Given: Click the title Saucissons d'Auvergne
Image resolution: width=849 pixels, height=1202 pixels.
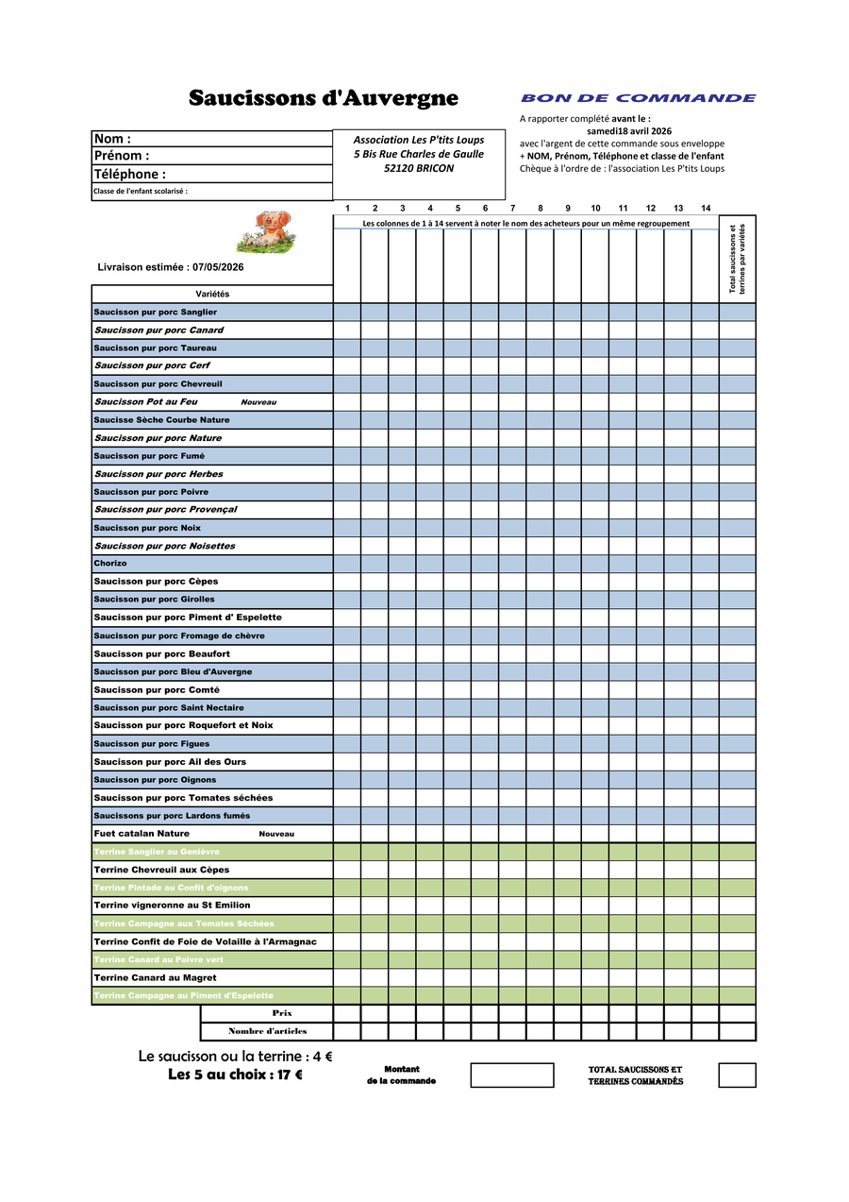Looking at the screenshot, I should pos(323,98).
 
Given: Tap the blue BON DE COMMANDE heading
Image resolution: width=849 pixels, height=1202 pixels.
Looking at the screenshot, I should pos(638,98).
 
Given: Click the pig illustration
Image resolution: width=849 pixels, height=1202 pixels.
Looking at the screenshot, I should pos(265,230).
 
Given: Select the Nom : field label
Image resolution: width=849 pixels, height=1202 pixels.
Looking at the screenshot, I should pos(112,139).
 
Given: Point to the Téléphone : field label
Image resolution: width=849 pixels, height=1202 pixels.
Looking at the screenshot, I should pos(129,174).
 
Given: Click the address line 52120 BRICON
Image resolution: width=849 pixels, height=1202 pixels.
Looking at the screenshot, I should pos(419,168).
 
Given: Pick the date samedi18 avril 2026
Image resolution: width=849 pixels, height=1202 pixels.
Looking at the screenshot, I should pos(628,130).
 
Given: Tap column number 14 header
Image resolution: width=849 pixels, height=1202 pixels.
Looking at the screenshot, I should pos(706,208).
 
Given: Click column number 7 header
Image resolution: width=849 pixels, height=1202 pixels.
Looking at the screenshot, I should pos(512,208).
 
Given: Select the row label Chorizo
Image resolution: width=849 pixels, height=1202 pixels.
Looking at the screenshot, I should pos(110,564).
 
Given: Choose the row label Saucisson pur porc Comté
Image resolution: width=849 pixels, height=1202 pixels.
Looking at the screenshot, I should pos(157,690).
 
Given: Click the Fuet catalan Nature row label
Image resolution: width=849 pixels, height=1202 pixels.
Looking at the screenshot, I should pos(141,834).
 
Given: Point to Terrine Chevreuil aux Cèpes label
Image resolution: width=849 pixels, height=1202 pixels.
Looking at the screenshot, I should pos(161,870).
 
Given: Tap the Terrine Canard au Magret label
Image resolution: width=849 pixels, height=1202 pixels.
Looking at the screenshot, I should pos(155,978).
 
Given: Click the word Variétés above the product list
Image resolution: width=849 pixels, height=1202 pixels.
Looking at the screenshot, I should pos(212,294).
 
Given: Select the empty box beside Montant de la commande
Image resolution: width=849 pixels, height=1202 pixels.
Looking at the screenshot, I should pos(511,1075).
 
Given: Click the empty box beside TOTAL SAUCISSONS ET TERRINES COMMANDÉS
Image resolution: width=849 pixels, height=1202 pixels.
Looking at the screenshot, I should pos(737,1075).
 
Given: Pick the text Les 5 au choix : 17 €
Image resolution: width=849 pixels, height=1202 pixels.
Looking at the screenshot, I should pos(235,1075).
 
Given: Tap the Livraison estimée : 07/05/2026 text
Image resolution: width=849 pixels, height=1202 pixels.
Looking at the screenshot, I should pos(171,267).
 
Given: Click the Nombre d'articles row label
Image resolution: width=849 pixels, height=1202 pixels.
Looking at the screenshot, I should pos(267,1031).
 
